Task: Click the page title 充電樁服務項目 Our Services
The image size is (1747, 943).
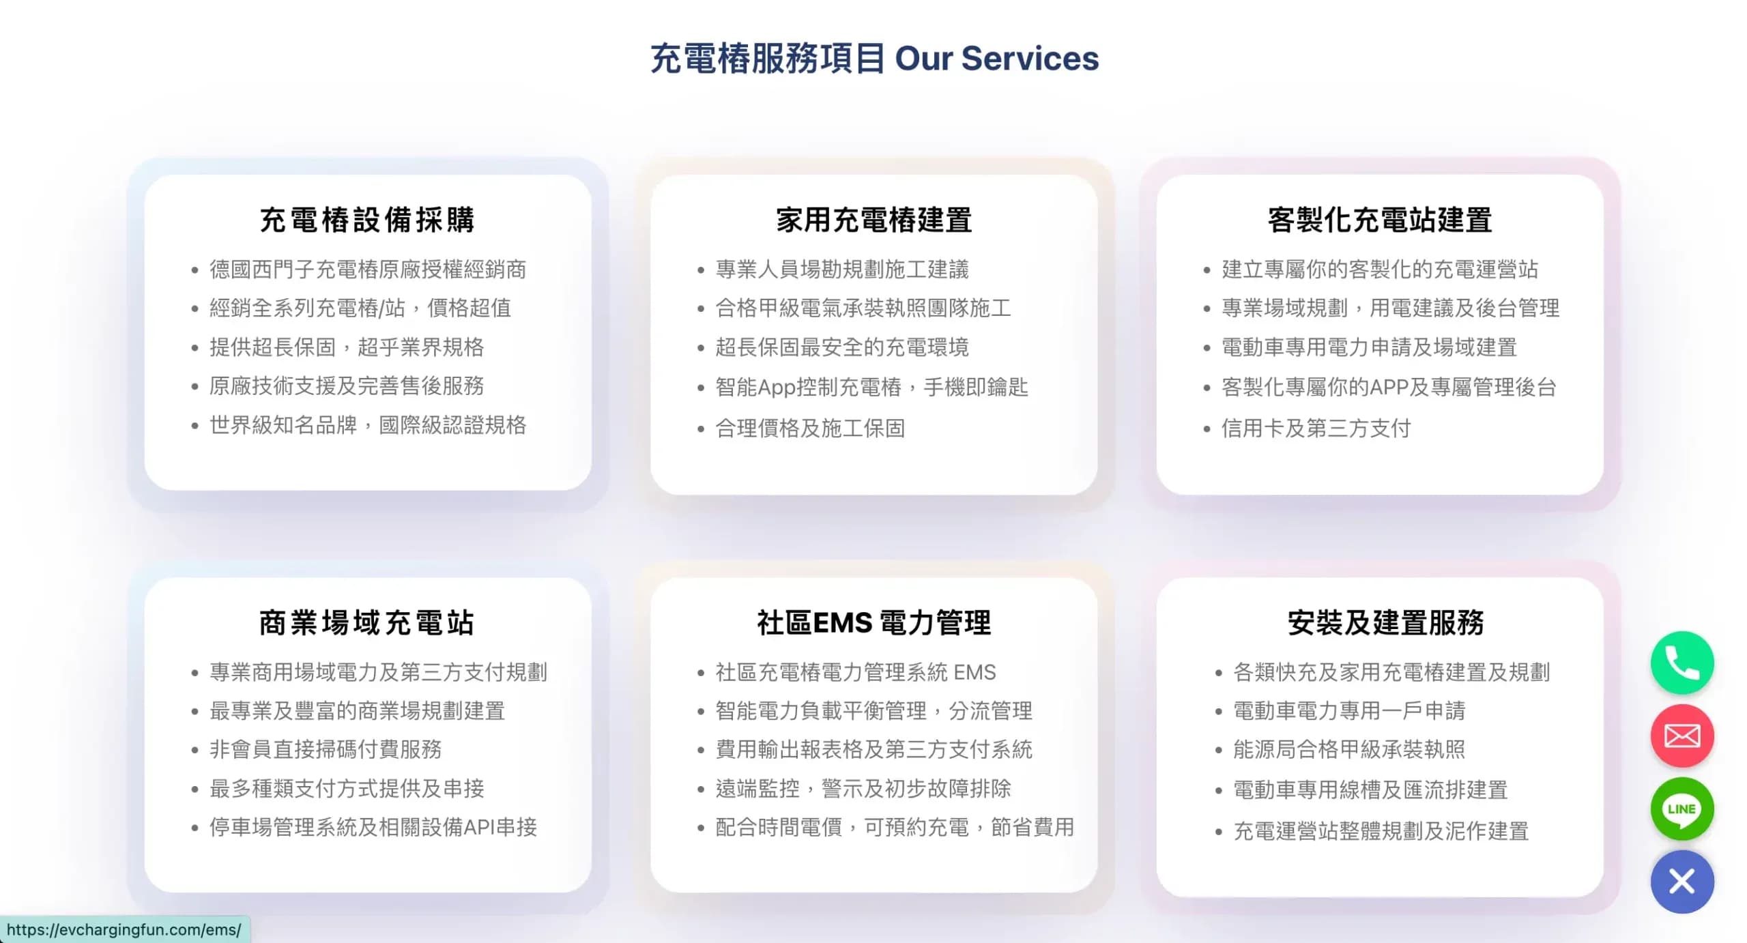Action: click(874, 58)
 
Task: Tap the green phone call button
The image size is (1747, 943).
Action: click(1681, 663)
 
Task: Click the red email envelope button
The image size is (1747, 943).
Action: click(1681, 736)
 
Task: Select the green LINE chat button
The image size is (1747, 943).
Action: click(1681, 809)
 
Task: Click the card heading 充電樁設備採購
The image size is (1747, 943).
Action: click(367, 220)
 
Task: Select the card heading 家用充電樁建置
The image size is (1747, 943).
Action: click(873, 220)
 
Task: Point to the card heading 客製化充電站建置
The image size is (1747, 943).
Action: click(1380, 220)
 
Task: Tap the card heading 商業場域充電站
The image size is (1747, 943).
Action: click(367, 622)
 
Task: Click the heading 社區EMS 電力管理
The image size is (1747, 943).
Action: click(873, 622)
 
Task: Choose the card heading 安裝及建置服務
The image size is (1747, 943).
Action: click(1385, 622)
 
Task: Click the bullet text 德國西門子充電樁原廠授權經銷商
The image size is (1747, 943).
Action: click(368, 270)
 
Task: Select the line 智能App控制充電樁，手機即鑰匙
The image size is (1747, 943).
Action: click(871, 387)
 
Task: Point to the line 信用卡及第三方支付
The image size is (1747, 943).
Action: click(1316, 428)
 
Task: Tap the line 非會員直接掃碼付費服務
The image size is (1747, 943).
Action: click(326, 749)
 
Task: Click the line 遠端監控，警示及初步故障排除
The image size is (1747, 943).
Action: click(863, 788)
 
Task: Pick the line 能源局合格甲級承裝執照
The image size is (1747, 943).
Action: click(1349, 749)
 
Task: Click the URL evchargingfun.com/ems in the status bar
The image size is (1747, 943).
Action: click(124, 929)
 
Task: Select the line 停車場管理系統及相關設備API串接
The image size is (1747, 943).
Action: click(373, 827)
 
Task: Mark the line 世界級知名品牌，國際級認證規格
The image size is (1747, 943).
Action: click(368, 425)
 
